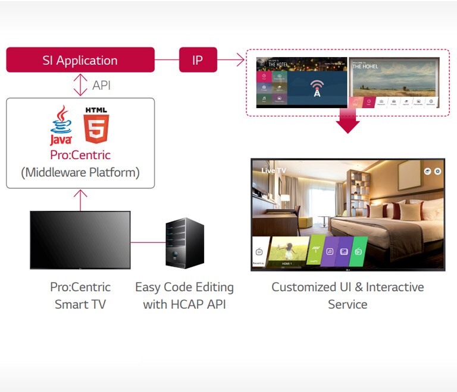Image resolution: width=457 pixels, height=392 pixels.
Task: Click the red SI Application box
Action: pyautogui.click(x=80, y=60)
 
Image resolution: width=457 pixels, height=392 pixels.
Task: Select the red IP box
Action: pyautogui.click(x=198, y=60)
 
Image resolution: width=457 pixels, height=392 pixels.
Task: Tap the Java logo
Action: pyautogui.click(x=61, y=125)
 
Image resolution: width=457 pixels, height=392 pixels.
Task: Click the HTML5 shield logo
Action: pyautogui.click(x=96, y=125)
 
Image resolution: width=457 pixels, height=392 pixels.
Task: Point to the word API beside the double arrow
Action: pyautogui.click(x=101, y=86)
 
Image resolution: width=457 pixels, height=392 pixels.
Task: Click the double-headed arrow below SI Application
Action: pyautogui.click(x=80, y=85)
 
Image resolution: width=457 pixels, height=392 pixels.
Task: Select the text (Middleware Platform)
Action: pyautogui.click(x=80, y=173)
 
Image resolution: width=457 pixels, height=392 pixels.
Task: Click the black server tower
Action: pyautogui.click(x=184, y=242)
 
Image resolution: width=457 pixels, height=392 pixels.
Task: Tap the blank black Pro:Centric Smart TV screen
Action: pyautogui.click(x=80, y=239)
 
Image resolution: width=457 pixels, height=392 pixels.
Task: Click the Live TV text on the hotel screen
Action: pyautogui.click(x=274, y=170)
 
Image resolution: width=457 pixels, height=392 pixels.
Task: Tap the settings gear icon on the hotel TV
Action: pyautogui.click(x=437, y=171)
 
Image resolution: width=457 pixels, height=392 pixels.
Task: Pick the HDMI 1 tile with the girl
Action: pyautogui.click(x=287, y=251)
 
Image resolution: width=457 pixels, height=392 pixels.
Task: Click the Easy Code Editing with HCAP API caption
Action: pyautogui.click(x=184, y=296)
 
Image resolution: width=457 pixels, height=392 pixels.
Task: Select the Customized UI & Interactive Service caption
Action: pyautogui.click(x=348, y=296)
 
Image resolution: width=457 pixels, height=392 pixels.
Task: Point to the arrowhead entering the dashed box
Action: pyautogui.click(x=240, y=59)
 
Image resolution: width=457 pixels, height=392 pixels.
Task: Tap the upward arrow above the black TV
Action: pyautogui.click(x=80, y=196)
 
